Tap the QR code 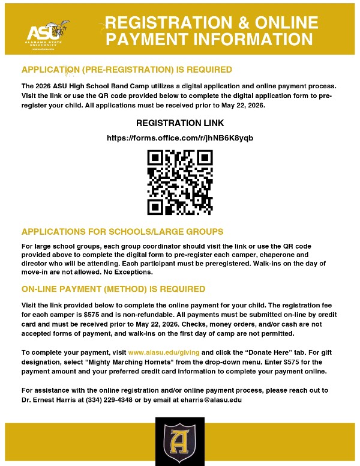[x=180, y=181]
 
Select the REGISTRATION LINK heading [x=180, y=123]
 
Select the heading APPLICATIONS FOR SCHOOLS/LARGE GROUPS [x=122, y=231]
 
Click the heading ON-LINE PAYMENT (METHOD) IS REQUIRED [x=113, y=289]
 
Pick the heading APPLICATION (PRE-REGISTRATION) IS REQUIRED [x=126, y=70]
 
